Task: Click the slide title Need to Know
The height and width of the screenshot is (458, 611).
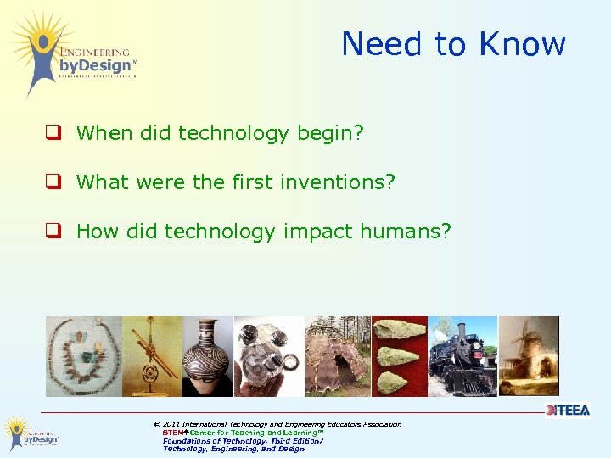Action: coord(453,44)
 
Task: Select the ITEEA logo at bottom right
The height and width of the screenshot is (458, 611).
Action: coord(567,410)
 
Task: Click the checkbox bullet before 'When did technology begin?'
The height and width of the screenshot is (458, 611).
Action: coord(53,133)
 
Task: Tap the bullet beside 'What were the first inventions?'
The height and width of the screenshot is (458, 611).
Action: coord(53,182)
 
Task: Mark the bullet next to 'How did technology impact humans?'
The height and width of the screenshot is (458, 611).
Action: coord(53,232)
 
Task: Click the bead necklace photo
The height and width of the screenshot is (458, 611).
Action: coord(83,356)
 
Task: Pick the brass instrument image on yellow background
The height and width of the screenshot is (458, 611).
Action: coord(153,356)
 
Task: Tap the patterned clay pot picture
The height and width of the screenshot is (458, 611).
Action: coord(207,356)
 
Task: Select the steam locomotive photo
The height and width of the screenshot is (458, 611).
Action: coord(462,356)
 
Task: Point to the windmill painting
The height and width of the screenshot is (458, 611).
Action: coord(529,356)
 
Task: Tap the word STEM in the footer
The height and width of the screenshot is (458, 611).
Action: coord(174,433)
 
